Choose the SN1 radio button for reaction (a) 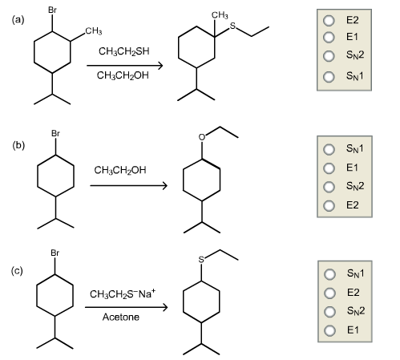click(327, 77)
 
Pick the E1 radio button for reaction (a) click(327, 37)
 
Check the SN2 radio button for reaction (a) click(327, 56)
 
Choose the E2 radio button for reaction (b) click(327, 204)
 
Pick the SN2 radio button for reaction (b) click(327, 186)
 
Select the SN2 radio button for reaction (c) click(327, 310)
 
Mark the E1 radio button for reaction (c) click(327, 330)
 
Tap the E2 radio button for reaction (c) click(327, 292)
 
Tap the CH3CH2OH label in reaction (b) click(120, 170)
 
